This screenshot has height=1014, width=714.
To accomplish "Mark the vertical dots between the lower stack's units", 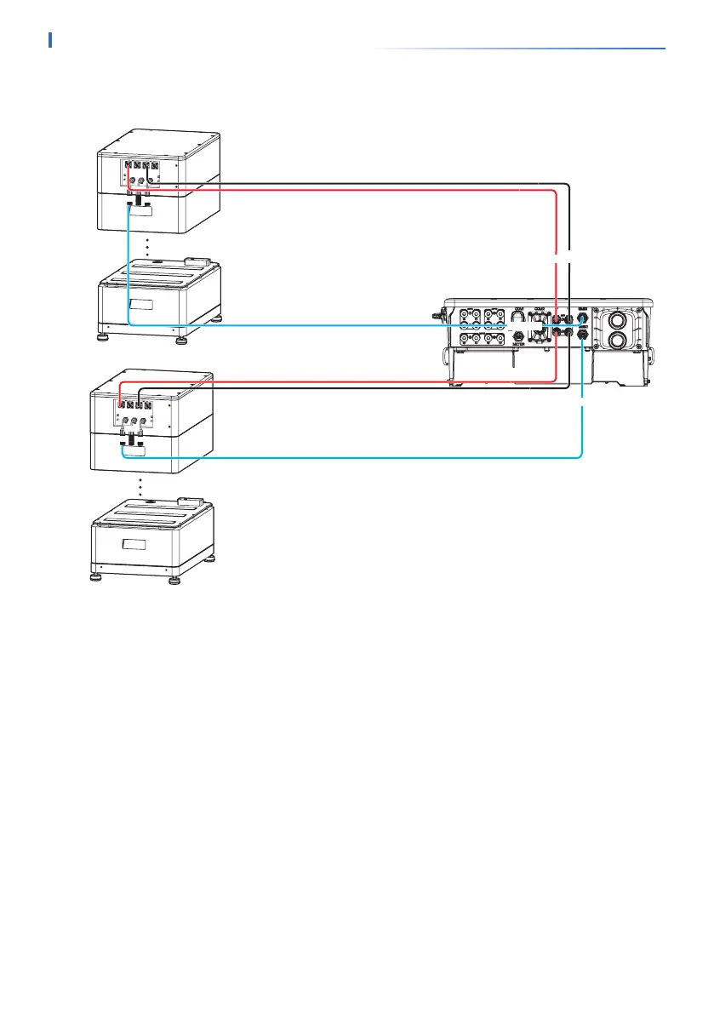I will pyautogui.click(x=140, y=487).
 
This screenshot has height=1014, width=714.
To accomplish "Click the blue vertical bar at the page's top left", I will pyautogui.click(x=51, y=40).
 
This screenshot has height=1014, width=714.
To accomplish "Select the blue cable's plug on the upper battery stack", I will pyautogui.click(x=129, y=205).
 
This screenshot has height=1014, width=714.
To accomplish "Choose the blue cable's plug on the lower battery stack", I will pyautogui.click(x=124, y=445).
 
